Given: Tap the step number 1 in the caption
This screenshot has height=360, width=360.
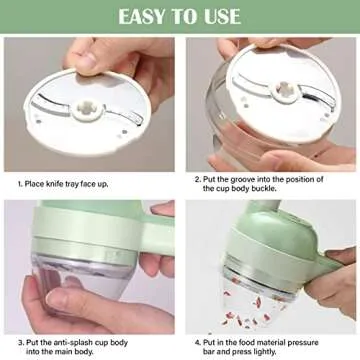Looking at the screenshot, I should point(19,185).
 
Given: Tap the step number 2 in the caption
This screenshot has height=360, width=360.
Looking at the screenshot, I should point(198,179).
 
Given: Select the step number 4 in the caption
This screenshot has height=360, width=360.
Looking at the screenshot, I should point(198,340).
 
